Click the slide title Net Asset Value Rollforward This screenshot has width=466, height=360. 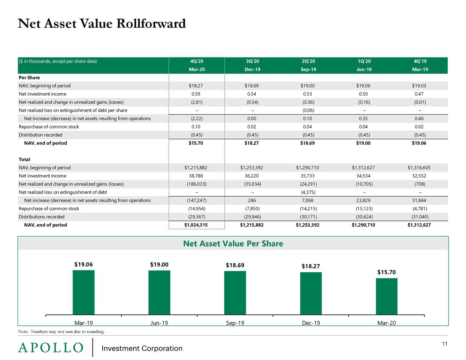click(x=102, y=24)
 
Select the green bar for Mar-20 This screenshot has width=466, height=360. click(x=387, y=296)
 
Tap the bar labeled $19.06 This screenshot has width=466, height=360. click(x=83, y=292)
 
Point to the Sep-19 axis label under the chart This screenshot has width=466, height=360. click(x=235, y=323)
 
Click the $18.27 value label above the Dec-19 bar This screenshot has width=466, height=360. click(x=311, y=266)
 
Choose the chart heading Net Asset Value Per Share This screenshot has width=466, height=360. click(x=233, y=244)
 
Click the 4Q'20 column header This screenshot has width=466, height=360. click(x=197, y=61)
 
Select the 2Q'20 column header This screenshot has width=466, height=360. click(x=308, y=61)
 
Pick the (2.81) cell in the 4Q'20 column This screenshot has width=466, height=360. click(x=197, y=102)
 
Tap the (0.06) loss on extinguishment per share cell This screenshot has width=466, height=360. click(x=308, y=110)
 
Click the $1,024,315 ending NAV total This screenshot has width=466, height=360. click(x=196, y=225)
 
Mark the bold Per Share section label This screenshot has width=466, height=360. click(x=29, y=78)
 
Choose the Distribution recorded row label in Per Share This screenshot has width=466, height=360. click(x=40, y=135)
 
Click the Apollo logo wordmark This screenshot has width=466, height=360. click(x=51, y=348)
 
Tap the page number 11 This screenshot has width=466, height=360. click(x=445, y=344)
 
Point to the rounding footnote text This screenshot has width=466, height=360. click(x=61, y=332)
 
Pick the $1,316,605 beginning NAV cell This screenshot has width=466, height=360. click(x=419, y=168)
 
